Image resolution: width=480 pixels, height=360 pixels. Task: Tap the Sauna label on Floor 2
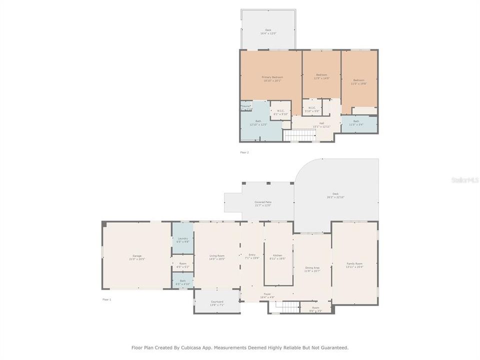[x=245, y=106]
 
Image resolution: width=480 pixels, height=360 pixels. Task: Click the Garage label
[x=137, y=256]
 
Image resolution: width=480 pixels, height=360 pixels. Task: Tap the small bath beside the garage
[x=182, y=281]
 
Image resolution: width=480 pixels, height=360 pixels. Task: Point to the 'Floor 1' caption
[x=106, y=299]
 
